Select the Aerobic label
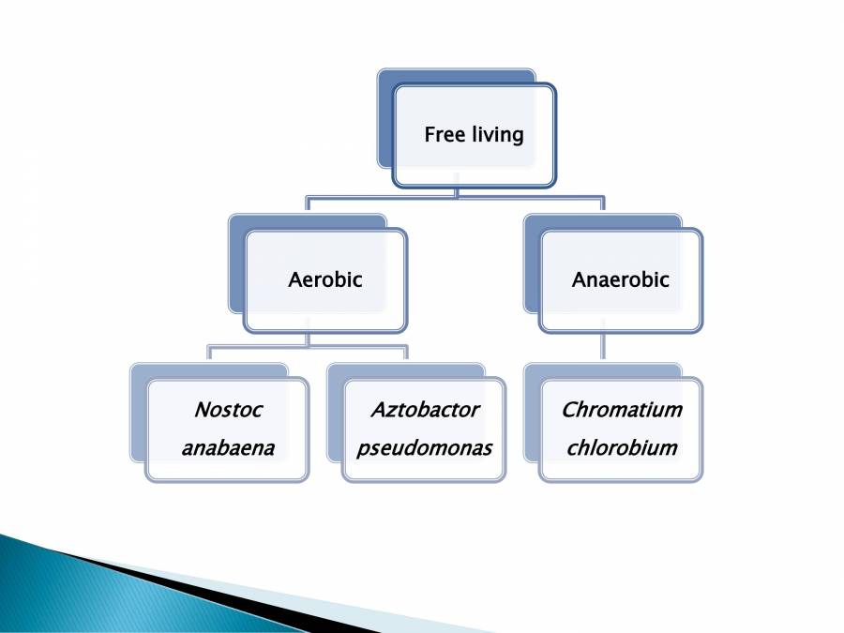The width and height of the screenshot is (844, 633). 325,279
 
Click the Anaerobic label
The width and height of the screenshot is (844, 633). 621,279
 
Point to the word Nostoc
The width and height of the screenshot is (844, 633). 228,410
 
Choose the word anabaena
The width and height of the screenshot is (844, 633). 228,448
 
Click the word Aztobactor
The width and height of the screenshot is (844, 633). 425,410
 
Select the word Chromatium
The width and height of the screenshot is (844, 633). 622,410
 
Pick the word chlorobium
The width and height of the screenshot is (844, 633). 622,448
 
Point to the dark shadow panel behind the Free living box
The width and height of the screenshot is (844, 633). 385,118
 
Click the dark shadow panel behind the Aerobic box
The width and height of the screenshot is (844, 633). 237,264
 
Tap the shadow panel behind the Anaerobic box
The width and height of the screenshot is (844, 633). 532,264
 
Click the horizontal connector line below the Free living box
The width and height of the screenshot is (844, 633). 456,198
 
